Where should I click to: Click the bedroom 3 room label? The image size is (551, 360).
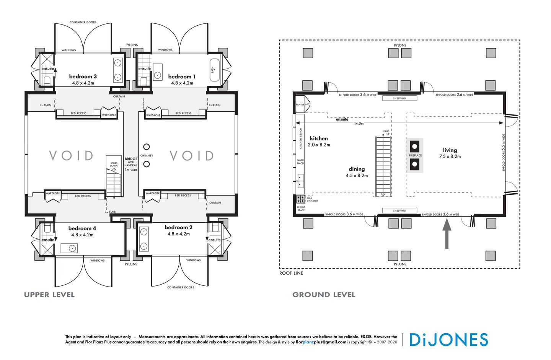click(83, 77)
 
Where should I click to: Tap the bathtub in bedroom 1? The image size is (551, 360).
click(214, 70)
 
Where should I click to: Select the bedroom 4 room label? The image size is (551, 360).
click(82, 228)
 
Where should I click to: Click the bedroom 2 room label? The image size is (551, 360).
click(178, 227)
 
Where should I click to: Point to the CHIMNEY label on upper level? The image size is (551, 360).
click(147, 156)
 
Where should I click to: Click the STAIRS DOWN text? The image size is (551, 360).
click(114, 165)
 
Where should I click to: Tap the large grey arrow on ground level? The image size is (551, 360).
click(447, 234)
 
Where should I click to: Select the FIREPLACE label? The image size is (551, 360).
click(415, 155)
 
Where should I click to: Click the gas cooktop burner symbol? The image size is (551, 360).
click(301, 199)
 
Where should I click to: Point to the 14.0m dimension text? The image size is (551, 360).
click(359, 124)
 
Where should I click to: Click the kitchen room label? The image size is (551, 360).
click(319, 138)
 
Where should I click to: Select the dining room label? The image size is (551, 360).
click(357, 169)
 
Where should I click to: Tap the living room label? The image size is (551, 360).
click(450, 150)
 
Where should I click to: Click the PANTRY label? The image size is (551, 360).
click(300, 104)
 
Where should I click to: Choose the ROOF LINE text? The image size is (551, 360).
click(291, 273)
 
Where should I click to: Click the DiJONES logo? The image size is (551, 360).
click(448, 340)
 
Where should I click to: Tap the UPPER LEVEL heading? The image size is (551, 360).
click(49, 295)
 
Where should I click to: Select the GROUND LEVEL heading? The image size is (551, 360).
click(324, 295)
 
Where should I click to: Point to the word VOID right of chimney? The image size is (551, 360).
click(191, 156)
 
